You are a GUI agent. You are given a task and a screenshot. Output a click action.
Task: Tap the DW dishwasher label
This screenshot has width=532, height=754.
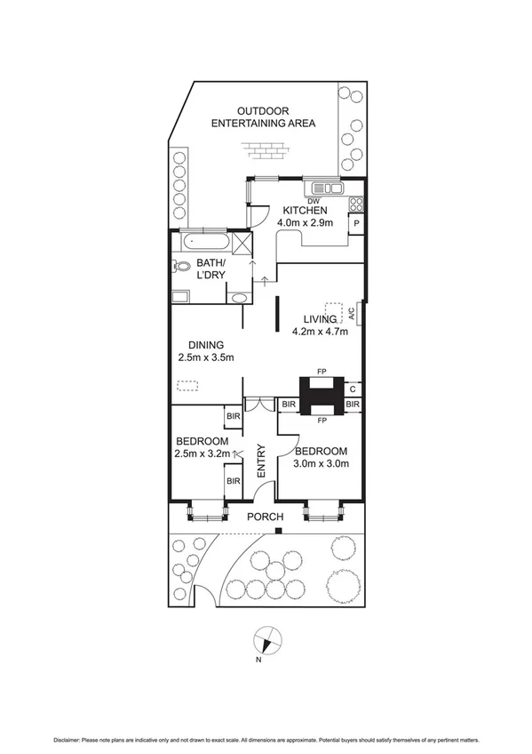click(x=313, y=200)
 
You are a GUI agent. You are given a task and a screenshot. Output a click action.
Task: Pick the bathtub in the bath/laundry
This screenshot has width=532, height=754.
click(x=205, y=242)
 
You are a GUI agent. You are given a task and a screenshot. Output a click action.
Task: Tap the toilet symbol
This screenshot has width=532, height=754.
click(x=182, y=266)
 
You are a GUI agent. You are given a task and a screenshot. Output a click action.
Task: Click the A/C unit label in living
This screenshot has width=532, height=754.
click(x=353, y=313)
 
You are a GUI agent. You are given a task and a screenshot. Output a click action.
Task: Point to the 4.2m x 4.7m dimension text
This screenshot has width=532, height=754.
click(x=320, y=333)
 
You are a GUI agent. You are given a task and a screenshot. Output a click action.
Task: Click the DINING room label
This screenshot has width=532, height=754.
click(x=205, y=345)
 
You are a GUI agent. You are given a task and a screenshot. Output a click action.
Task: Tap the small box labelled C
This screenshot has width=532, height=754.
click(x=353, y=389)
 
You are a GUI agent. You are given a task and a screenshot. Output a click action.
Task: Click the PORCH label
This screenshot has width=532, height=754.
click(x=266, y=517)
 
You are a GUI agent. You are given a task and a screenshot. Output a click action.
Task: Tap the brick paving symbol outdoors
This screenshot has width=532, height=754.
click(x=266, y=150)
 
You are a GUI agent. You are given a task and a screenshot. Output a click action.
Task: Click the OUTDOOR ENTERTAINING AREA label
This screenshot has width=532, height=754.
click(x=263, y=116)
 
